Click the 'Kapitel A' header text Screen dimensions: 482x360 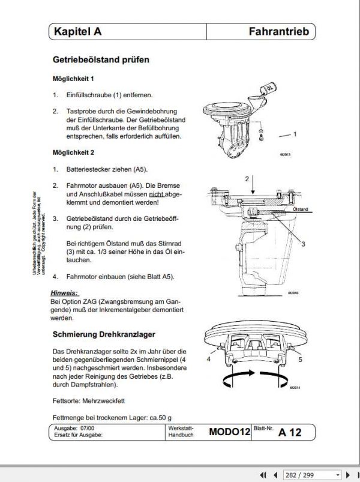tap(77, 32)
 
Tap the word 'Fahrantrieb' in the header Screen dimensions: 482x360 tap(278, 32)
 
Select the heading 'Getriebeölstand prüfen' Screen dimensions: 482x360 tap(101, 60)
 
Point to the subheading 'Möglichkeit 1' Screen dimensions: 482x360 tap(73, 79)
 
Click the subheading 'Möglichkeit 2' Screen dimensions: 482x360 tap(73, 152)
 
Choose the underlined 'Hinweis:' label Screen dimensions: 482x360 tap(65, 292)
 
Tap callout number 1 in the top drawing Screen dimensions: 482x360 tap(295, 135)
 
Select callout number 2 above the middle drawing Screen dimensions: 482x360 tap(247, 179)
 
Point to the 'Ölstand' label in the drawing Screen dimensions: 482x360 tap(299, 209)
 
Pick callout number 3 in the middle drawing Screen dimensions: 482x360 tap(303, 244)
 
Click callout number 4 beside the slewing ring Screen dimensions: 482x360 tap(208, 359)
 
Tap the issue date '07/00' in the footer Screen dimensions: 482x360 tap(88, 427)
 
